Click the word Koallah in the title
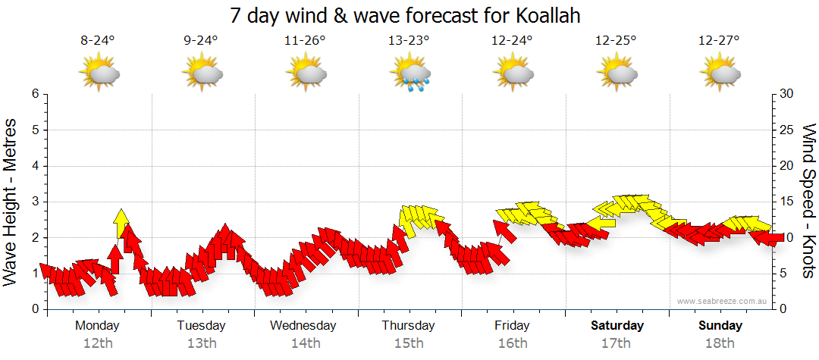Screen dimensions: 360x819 [545, 16]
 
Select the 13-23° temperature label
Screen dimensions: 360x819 [409, 41]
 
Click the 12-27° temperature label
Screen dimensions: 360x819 [719, 41]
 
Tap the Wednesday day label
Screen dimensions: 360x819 [303, 326]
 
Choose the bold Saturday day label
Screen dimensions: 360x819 [617, 326]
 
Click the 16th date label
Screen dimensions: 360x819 [513, 343]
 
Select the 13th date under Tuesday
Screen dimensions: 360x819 [201, 343]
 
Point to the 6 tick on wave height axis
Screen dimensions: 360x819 [34, 94]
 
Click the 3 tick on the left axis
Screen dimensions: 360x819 [34, 202]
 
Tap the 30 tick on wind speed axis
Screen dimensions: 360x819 [787, 94]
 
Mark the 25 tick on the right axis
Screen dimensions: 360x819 [787, 130]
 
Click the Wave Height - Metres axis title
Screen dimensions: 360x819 [11, 201]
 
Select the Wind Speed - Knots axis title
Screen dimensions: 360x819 [808, 201]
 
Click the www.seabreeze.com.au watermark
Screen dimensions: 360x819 [723, 301]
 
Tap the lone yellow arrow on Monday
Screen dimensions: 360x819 [121, 223]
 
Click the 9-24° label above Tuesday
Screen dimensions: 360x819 [200, 41]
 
